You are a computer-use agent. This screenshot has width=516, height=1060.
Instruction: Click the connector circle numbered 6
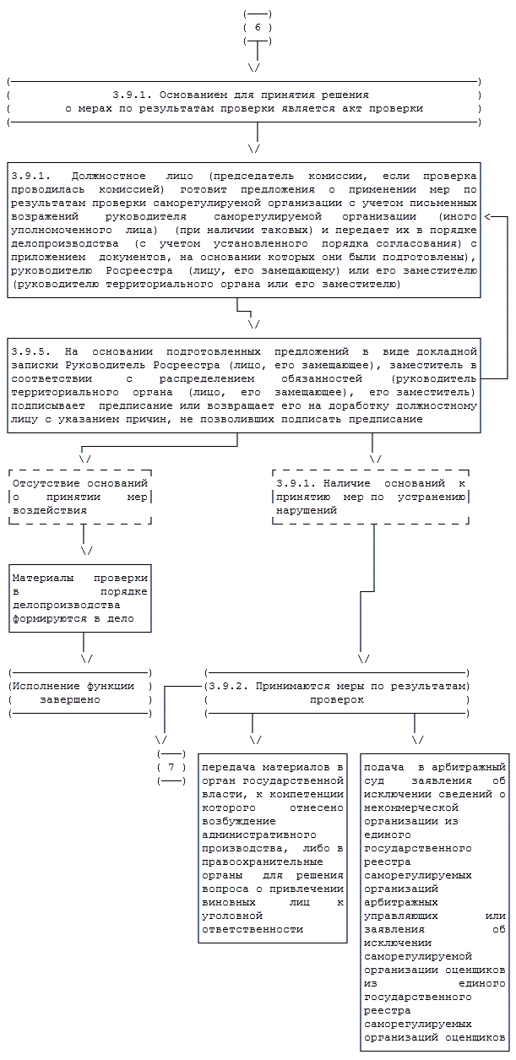tap(257, 27)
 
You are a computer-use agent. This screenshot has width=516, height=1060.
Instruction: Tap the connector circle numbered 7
tap(171, 767)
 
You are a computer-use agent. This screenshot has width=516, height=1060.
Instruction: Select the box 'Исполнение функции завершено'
tap(80, 693)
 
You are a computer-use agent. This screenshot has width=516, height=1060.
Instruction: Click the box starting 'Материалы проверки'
tap(81, 598)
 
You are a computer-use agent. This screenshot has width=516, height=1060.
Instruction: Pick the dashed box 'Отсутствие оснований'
tap(81, 497)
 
